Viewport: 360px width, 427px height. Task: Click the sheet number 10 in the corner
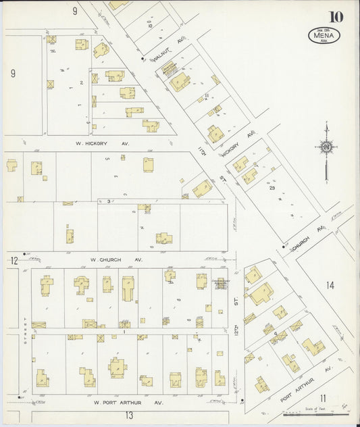tap(336, 16)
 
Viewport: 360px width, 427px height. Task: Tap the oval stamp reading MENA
tap(324, 35)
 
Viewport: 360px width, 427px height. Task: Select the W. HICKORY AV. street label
tap(102, 143)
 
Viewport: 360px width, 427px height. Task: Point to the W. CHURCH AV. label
tap(117, 259)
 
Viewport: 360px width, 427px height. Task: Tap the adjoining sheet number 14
tap(330, 285)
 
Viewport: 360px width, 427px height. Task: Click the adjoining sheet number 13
tap(128, 416)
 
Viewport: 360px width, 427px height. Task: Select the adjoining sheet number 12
tap(14, 261)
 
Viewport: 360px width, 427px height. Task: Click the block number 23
tap(272, 188)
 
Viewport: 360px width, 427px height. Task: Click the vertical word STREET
tap(25, 330)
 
